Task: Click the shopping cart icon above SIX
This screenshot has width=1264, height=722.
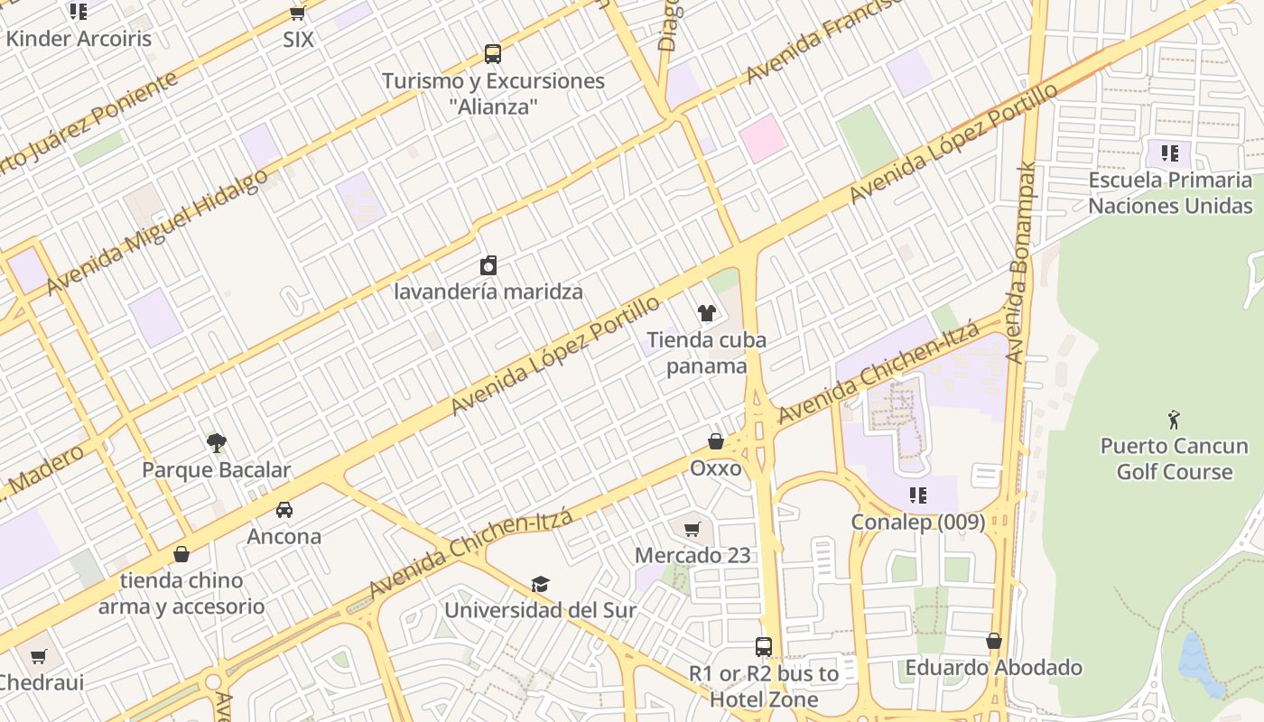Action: tap(297, 13)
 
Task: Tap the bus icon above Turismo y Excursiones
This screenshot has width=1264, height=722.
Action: tap(492, 54)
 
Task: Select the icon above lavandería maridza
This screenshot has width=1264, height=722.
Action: tap(488, 265)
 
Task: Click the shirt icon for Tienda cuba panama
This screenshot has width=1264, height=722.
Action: tap(706, 313)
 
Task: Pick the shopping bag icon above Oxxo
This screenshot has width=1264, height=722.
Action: tap(716, 441)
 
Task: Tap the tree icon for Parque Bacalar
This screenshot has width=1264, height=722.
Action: tap(216, 442)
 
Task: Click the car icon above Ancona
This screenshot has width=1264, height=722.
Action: tap(284, 510)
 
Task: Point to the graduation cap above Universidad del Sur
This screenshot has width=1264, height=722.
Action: tap(540, 584)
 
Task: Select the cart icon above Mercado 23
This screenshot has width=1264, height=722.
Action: tap(692, 529)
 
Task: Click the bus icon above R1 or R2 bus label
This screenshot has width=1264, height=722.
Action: tap(764, 646)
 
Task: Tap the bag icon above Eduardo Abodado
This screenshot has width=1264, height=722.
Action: tap(994, 641)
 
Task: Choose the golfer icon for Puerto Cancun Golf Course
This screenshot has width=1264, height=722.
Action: tap(1174, 420)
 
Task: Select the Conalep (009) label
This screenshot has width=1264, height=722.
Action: tap(918, 522)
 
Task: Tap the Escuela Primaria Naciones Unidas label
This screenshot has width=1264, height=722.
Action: tap(1170, 192)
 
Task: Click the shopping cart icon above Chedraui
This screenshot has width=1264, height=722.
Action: tap(38, 657)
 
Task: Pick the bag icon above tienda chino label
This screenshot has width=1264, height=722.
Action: tap(181, 554)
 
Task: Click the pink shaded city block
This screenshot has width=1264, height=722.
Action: tap(763, 138)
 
